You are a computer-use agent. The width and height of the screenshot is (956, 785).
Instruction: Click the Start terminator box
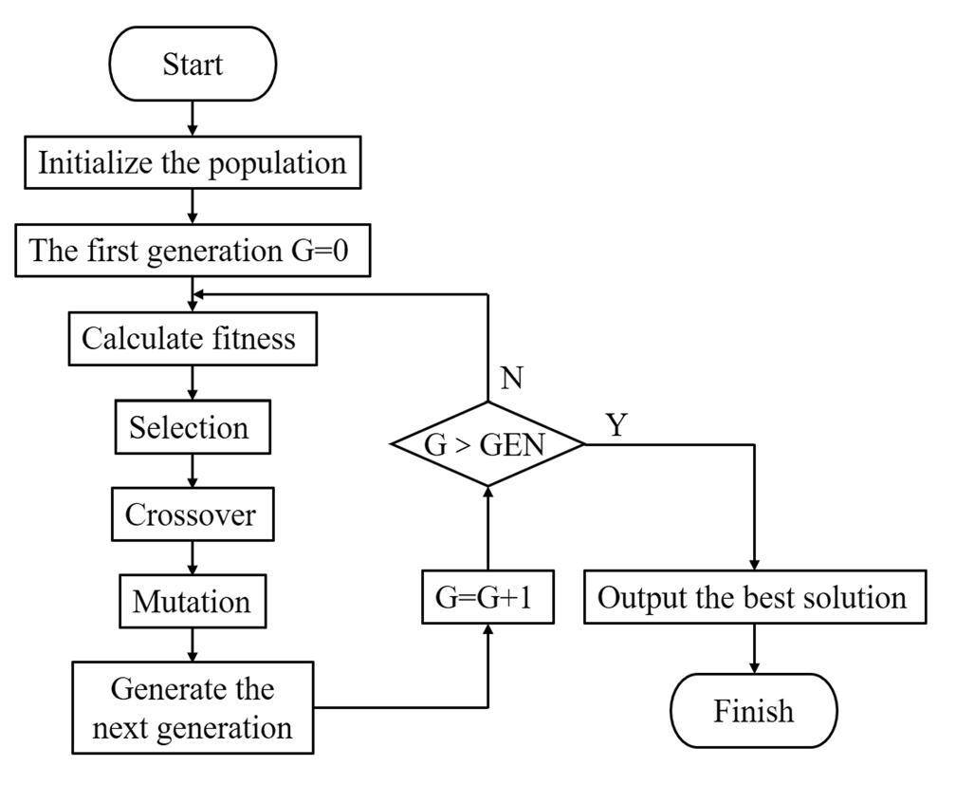(193, 65)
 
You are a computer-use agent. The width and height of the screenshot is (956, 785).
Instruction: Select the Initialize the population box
(193, 162)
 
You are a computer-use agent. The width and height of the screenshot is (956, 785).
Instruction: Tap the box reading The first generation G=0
(193, 252)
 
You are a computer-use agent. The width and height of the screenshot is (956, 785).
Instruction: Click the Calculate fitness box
(193, 339)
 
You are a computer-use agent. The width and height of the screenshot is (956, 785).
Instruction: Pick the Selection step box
(193, 427)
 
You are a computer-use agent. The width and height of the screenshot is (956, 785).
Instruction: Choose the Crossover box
(193, 514)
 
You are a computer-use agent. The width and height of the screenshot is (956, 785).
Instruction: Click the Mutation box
(193, 602)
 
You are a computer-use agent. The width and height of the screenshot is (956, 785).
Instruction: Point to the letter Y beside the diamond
(616, 424)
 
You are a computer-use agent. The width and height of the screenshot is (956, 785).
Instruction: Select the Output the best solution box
(754, 599)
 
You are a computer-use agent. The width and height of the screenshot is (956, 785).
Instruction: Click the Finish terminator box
(754, 711)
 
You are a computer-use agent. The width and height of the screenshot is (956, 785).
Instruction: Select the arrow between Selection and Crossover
(193, 471)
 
